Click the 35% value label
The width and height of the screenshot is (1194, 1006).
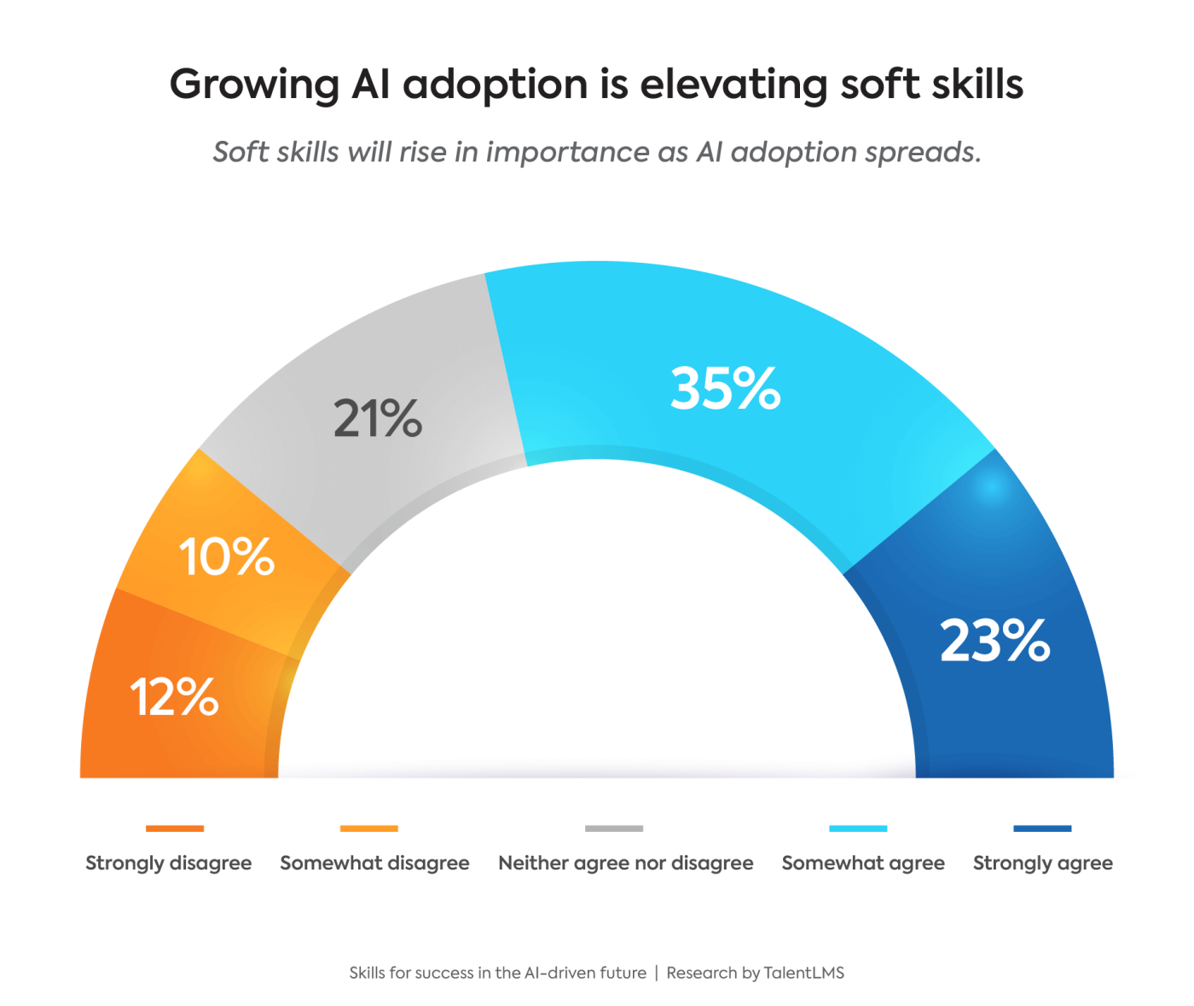(725, 389)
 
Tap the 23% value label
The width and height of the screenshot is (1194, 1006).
(994, 641)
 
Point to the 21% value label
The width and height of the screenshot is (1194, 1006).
(377, 418)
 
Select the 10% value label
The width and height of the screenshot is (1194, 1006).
(226, 557)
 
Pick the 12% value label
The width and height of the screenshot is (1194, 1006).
(175, 696)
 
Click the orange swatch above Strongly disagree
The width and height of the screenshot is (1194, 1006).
(175, 828)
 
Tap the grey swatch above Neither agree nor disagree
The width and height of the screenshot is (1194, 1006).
(614, 828)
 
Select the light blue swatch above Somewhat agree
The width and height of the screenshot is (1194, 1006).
(858, 828)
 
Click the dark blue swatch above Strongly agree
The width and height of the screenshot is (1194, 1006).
(1042, 828)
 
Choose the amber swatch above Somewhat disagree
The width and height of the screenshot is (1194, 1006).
(368, 828)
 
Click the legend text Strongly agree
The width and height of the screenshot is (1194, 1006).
(1042, 863)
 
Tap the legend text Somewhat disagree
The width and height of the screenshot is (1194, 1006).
(374, 863)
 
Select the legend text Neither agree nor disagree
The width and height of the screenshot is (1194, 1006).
(625, 863)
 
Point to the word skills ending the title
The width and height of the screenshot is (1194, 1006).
(977, 84)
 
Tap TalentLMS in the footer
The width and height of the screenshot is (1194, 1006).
(803, 973)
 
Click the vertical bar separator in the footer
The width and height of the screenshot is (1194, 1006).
(656, 973)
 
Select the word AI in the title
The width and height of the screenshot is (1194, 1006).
(370, 84)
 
